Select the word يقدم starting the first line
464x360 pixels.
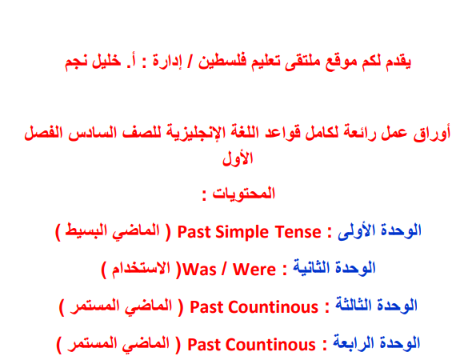(x=398, y=62)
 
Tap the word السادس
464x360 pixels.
(x=90, y=133)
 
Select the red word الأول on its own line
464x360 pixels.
(x=238, y=158)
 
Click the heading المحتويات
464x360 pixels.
(x=243, y=194)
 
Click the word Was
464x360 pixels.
(x=199, y=270)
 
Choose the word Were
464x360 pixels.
(x=254, y=270)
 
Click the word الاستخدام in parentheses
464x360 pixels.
(x=141, y=269)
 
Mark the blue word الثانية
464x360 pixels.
(x=310, y=268)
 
